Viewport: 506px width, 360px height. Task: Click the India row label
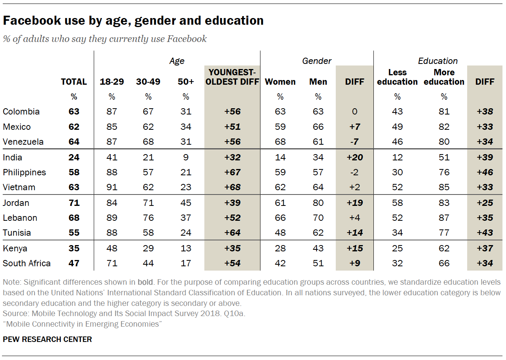(13, 158)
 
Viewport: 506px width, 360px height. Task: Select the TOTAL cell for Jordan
(74, 203)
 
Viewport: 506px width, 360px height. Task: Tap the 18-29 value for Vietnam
(112, 187)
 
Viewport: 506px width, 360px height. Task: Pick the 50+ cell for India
(186, 158)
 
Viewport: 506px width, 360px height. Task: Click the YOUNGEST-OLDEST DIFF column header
(232, 77)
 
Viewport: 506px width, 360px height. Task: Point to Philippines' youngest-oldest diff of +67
(232, 173)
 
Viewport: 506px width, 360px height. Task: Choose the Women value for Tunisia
(280, 233)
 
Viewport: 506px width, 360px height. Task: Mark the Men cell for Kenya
(318, 248)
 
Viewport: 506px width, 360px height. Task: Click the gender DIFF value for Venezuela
(355, 142)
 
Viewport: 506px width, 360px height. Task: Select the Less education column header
(397, 77)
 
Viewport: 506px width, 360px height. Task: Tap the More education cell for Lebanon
(444, 218)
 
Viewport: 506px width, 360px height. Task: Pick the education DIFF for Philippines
(485, 173)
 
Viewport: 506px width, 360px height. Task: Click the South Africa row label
(27, 263)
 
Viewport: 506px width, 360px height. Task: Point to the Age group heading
(177, 61)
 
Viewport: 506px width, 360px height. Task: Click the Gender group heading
(317, 61)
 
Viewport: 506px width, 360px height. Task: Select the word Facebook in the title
(29, 20)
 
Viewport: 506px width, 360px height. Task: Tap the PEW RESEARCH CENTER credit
(47, 339)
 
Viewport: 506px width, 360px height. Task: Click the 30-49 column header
(148, 82)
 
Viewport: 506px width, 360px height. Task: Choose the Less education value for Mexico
(397, 127)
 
